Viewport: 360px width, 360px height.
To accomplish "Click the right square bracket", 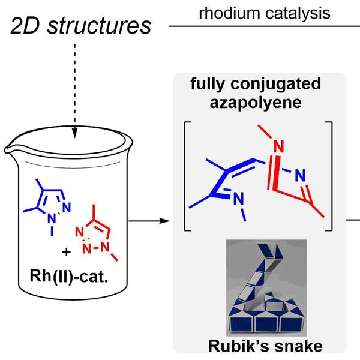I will pyautogui.click(x=329, y=174).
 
